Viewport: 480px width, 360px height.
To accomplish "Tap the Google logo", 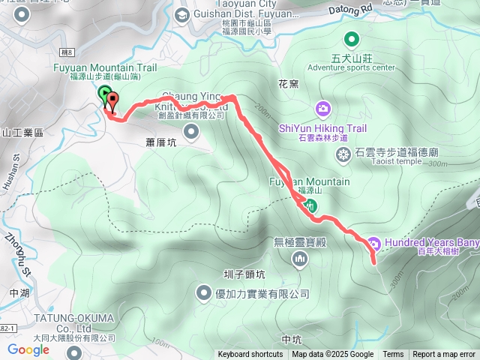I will pyautogui.click(x=28, y=349).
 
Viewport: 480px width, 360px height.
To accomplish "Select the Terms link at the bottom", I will pyautogui.click(x=393, y=355).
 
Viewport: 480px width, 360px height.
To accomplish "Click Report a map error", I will pyautogui.click(x=445, y=355).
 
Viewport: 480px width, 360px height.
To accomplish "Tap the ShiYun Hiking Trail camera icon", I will pyautogui.click(x=322, y=109).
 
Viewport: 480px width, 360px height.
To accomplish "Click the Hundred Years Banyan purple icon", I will pyautogui.click(x=373, y=242).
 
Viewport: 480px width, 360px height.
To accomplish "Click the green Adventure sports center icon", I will pyautogui.click(x=350, y=39).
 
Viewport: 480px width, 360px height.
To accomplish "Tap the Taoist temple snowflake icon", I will pyautogui.click(x=343, y=155).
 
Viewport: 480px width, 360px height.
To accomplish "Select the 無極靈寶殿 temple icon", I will pyautogui.click(x=301, y=259).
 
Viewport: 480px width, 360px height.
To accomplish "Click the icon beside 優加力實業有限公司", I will pyautogui.click(x=204, y=293).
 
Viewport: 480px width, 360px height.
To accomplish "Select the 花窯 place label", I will pyautogui.click(x=288, y=83).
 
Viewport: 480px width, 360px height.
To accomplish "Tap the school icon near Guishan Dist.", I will pyautogui.click(x=182, y=14).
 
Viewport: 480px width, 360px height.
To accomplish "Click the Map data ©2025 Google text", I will pyautogui.click(x=333, y=355).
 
